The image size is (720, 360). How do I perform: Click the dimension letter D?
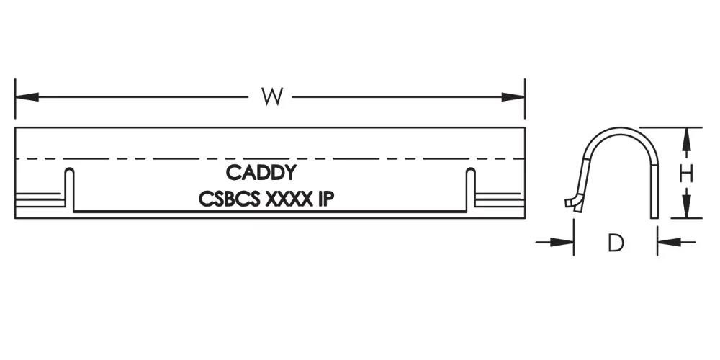coord(614,243)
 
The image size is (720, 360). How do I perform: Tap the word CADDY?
coord(261,173)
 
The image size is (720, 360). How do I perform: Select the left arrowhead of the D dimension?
coord(565,243)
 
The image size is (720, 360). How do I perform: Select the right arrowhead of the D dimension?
coord(665,243)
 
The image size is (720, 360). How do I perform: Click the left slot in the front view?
coord(70,191)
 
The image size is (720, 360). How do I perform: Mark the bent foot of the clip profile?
coord(572,202)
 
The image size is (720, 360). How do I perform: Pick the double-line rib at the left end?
coord(40,197)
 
